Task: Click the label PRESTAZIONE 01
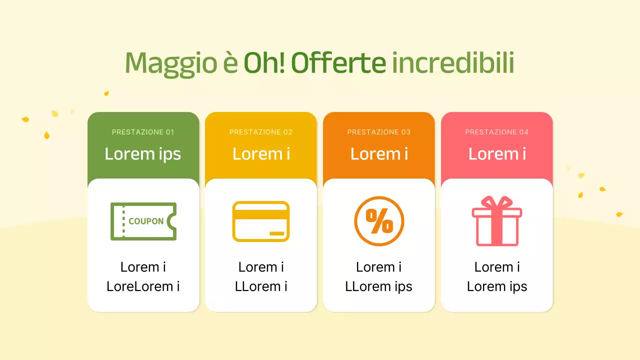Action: point(143,132)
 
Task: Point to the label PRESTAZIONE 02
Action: point(261,132)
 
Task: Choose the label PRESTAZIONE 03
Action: point(379,132)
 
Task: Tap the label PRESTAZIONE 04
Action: point(497,132)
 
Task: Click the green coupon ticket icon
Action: point(143,221)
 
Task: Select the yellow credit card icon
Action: point(261,221)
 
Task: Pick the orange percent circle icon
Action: point(379,221)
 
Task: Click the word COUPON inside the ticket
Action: point(146,221)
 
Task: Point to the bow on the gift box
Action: point(497,202)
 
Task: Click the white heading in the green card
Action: point(143,154)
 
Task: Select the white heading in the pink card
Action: point(497,154)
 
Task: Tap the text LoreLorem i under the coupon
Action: point(143,286)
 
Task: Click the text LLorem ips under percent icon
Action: point(379,286)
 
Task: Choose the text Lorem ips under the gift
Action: point(497,286)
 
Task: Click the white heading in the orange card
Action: point(379,154)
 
